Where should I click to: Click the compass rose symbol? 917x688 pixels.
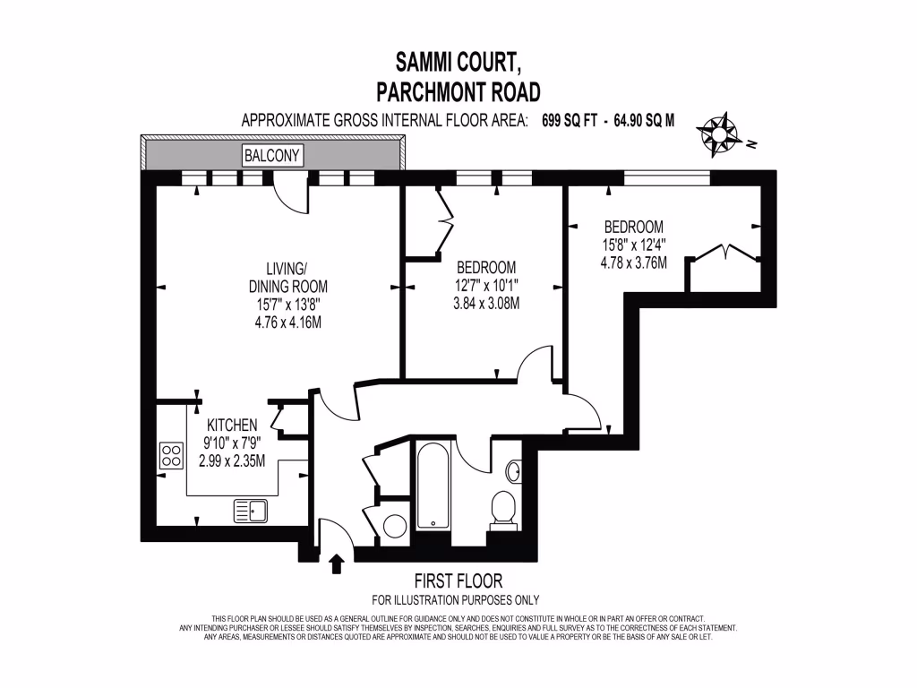[718, 133]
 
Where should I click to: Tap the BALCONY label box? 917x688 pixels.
[273, 156]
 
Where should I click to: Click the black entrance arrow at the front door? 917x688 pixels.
[337, 563]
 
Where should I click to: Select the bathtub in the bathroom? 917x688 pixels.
[435, 487]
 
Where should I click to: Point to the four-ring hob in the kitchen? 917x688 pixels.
[170, 456]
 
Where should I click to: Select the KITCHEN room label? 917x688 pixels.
[232, 425]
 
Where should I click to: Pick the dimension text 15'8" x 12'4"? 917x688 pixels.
[633, 244]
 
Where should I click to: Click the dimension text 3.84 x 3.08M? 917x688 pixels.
[487, 303]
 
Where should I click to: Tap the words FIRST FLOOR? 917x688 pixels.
[457, 581]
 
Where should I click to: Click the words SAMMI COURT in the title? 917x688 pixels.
[457, 63]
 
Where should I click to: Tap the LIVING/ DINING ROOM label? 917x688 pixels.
[287, 278]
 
